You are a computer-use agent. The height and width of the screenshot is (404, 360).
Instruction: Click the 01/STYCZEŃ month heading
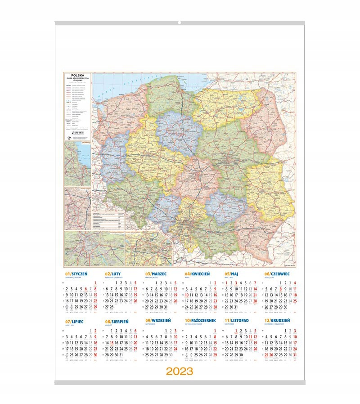click(x=76, y=273)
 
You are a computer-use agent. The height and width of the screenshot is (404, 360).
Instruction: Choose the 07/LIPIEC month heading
click(x=75, y=321)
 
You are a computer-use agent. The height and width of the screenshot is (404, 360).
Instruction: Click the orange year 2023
click(x=179, y=371)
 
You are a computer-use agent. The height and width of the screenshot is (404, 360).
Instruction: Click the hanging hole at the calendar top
click(x=180, y=22)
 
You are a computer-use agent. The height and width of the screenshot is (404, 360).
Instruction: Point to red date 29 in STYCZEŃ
click(x=95, y=307)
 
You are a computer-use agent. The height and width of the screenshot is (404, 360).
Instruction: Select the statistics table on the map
click(x=107, y=219)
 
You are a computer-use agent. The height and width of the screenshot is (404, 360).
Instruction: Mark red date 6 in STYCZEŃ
click(x=90, y=289)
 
